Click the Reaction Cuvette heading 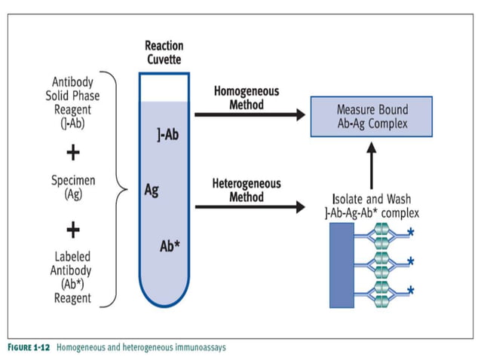coord(164,52)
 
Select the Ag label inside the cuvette coord(152,190)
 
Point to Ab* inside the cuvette coord(170,246)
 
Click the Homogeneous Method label coord(246,97)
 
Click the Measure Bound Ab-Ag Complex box coord(371,116)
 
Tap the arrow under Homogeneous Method coord(250,115)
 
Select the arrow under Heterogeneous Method coord(250,206)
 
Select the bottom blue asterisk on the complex coord(411,290)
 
